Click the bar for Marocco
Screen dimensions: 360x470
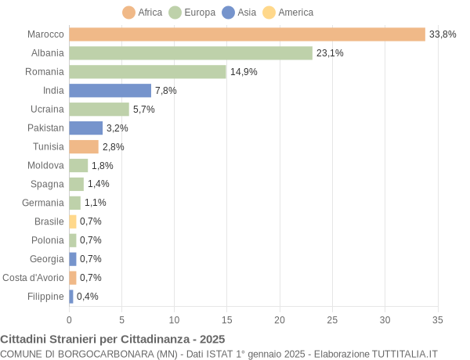point(247,34)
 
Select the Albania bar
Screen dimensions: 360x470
point(190,53)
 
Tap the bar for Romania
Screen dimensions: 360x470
point(147,72)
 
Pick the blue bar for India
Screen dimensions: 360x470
point(110,91)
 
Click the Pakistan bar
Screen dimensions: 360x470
point(85,128)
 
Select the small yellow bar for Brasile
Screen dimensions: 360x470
point(73,221)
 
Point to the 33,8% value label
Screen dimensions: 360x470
point(443,34)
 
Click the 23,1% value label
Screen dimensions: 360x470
point(330,53)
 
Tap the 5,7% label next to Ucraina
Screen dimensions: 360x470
point(144,110)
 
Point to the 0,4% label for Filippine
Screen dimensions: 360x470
point(87,297)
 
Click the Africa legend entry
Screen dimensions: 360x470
point(143,13)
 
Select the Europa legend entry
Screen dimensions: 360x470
point(193,13)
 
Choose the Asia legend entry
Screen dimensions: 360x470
point(240,13)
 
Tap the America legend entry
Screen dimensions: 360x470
point(288,13)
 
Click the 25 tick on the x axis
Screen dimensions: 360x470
point(332,319)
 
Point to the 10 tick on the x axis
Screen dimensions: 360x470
point(174,319)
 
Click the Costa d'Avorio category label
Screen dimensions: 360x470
point(33,278)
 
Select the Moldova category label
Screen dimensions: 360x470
point(45,165)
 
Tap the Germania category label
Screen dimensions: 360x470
point(44,203)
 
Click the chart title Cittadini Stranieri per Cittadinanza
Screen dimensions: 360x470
point(112,339)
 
